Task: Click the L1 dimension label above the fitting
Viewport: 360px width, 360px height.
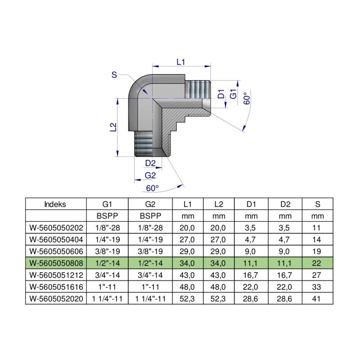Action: [x=181, y=62]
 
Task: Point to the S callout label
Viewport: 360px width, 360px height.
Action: [x=114, y=75]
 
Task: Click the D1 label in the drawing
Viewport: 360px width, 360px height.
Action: [x=221, y=94]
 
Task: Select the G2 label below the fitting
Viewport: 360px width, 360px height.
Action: [x=150, y=175]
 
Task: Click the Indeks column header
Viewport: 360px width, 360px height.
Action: [x=55, y=204]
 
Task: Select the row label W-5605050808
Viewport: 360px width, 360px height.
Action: [x=55, y=262]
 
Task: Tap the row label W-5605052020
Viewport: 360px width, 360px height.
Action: [x=55, y=297]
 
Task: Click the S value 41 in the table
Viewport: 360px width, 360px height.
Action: [x=318, y=297]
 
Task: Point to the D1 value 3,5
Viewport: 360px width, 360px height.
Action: [x=252, y=227]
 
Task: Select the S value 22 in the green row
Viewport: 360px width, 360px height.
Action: [x=318, y=262]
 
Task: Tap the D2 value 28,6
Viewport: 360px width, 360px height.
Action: [x=285, y=297]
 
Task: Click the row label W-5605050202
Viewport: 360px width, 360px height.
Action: [x=55, y=227]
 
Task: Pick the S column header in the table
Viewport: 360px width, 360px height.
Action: [x=318, y=204]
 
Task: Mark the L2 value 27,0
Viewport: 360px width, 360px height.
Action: [x=219, y=238]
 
